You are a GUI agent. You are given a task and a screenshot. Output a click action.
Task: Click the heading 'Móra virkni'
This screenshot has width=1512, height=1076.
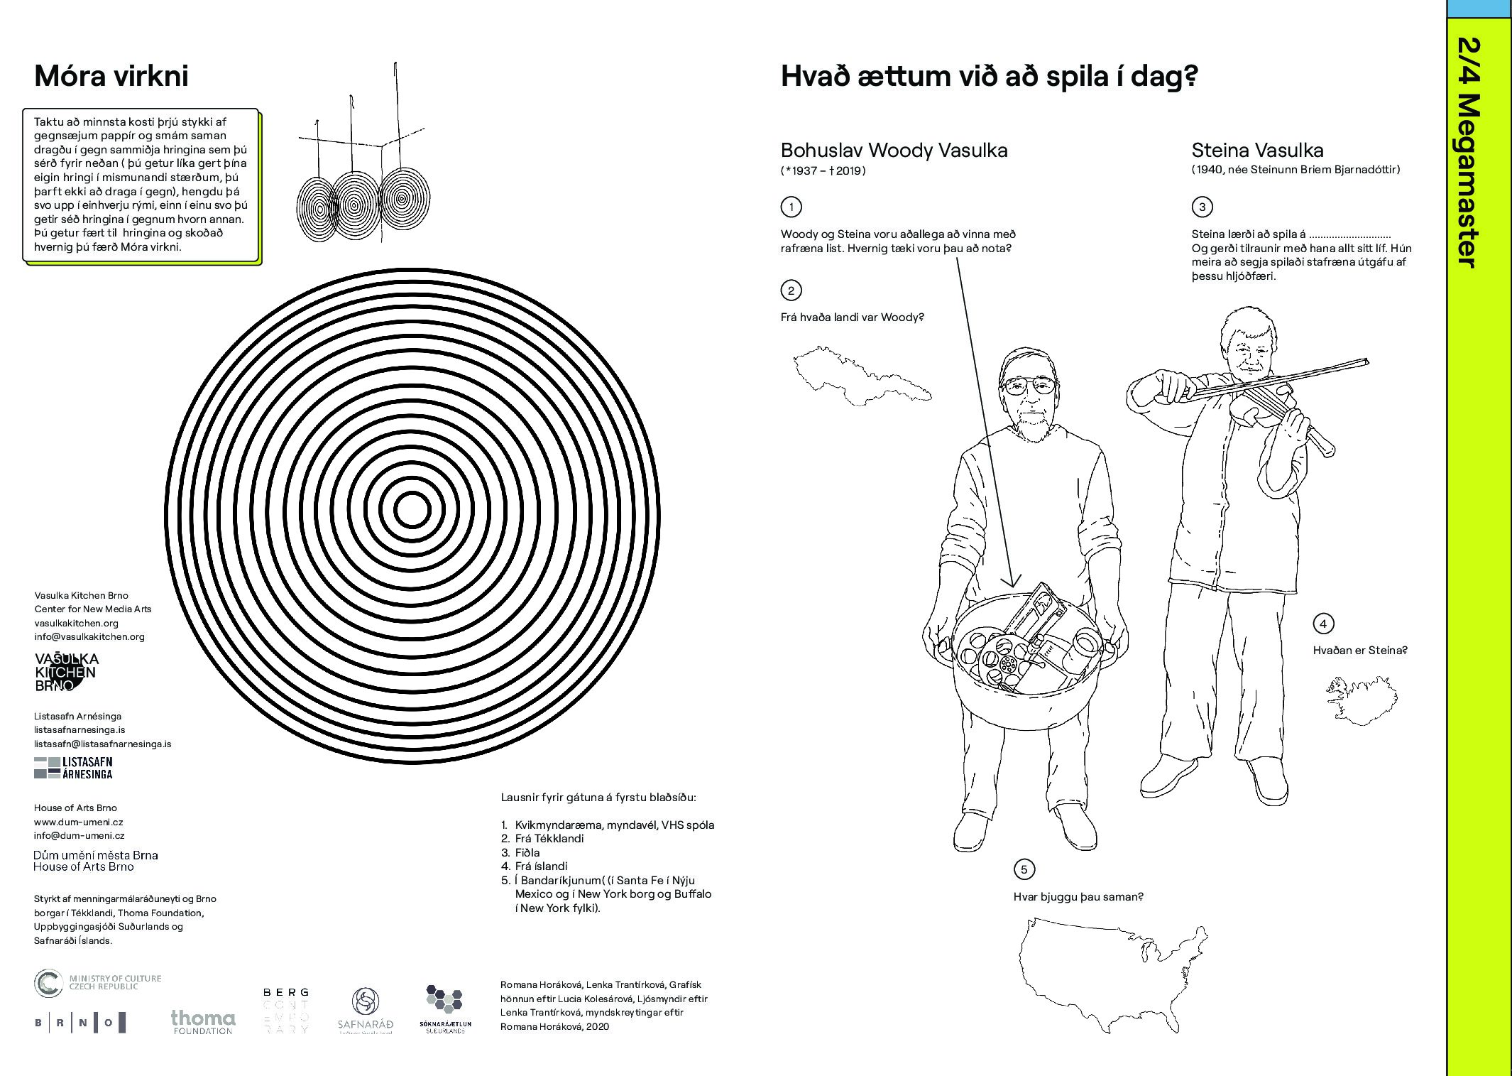(x=111, y=76)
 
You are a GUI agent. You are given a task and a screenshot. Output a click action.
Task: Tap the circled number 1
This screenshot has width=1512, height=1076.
(x=791, y=207)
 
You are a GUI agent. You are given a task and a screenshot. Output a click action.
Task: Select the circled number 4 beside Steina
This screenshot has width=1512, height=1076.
(x=1323, y=624)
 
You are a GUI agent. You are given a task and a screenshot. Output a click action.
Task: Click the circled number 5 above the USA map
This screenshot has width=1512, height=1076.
(x=1024, y=869)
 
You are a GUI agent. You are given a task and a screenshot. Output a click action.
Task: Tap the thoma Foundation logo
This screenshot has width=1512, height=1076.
(x=203, y=1021)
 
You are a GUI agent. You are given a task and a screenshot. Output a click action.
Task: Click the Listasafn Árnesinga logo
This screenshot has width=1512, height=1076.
(x=73, y=768)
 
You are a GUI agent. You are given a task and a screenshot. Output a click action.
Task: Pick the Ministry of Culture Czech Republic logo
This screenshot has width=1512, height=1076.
(x=98, y=983)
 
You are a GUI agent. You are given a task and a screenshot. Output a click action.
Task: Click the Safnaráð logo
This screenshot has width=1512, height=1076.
(x=365, y=1011)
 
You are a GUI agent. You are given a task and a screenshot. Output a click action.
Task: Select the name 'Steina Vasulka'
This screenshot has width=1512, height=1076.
(x=1257, y=151)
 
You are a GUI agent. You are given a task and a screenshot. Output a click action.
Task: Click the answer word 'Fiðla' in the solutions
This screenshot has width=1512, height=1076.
(x=527, y=852)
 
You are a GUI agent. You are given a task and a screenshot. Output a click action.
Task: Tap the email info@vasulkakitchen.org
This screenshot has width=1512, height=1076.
(x=89, y=636)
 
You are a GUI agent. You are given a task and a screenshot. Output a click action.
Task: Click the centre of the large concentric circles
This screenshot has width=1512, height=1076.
(x=412, y=510)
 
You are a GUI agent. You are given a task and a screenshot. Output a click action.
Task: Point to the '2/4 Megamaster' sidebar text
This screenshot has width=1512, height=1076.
(x=1468, y=153)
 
